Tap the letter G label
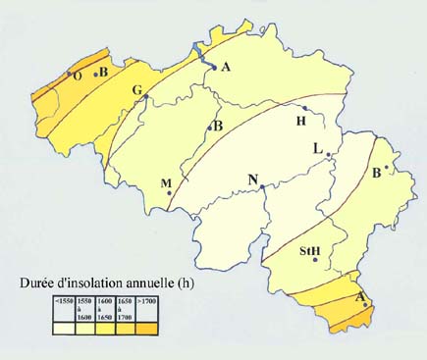click(x=136, y=90)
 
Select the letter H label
click(x=301, y=120)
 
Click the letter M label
click(x=166, y=183)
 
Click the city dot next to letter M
click(x=171, y=194)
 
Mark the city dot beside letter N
click(x=262, y=186)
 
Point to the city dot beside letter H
click(x=306, y=108)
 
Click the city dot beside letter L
click(x=328, y=155)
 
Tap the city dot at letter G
click(x=145, y=97)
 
